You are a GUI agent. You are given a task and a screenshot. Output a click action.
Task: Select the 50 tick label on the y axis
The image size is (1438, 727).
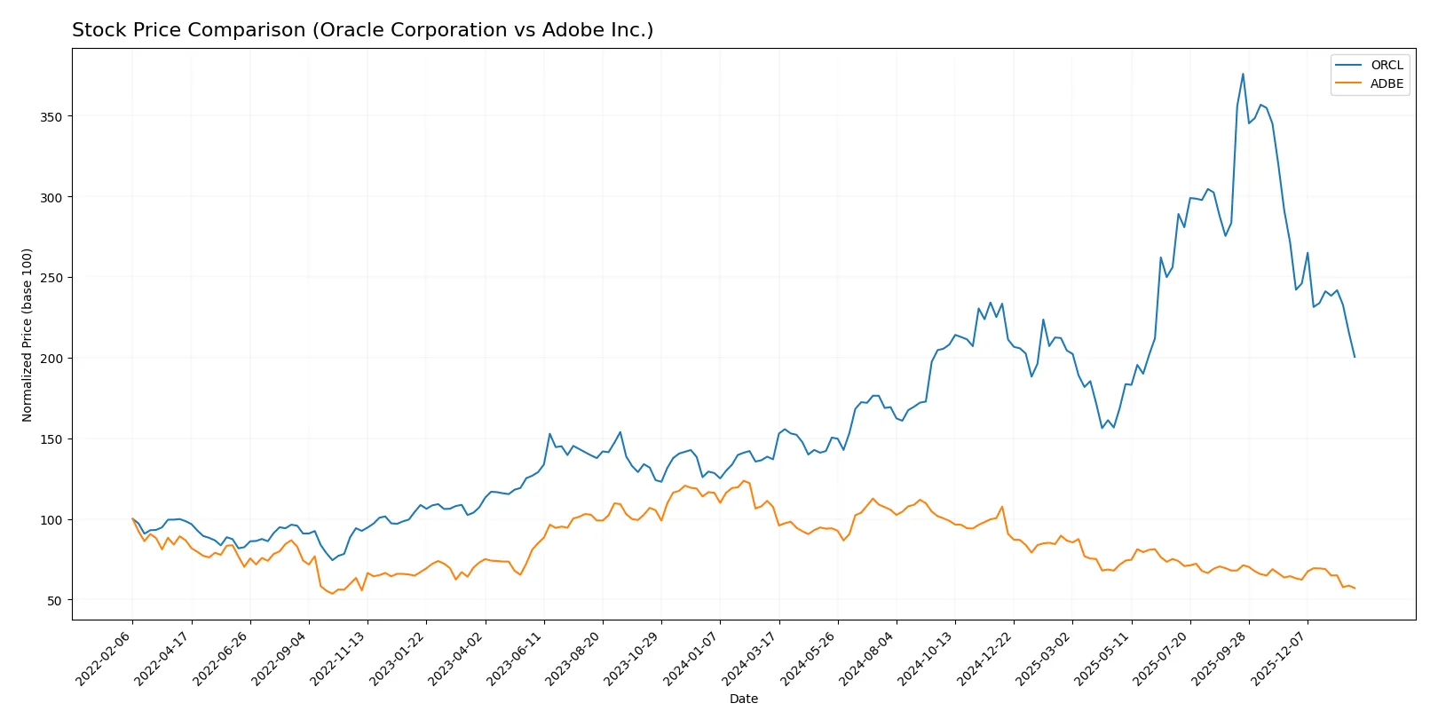pyautogui.click(x=55, y=601)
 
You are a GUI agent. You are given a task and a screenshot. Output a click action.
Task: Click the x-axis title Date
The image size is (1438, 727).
pyautogui.click(x=743, y=699)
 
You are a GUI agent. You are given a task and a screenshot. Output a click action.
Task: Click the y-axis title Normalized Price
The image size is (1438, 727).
pyautogui.click(x=27, y=335)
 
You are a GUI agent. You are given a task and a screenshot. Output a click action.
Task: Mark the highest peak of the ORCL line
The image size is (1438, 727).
pyautogui.click(x=1243, y=74)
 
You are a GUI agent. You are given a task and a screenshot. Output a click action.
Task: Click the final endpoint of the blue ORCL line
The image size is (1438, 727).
pyautogui.click(x=1355, y=357)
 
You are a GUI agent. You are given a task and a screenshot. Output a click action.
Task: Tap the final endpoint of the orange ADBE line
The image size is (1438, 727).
pyautogui.click(x=1355, y=589)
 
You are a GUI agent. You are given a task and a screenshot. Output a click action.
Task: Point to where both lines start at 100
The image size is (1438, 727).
pyautogui.click(x=133, y=519)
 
